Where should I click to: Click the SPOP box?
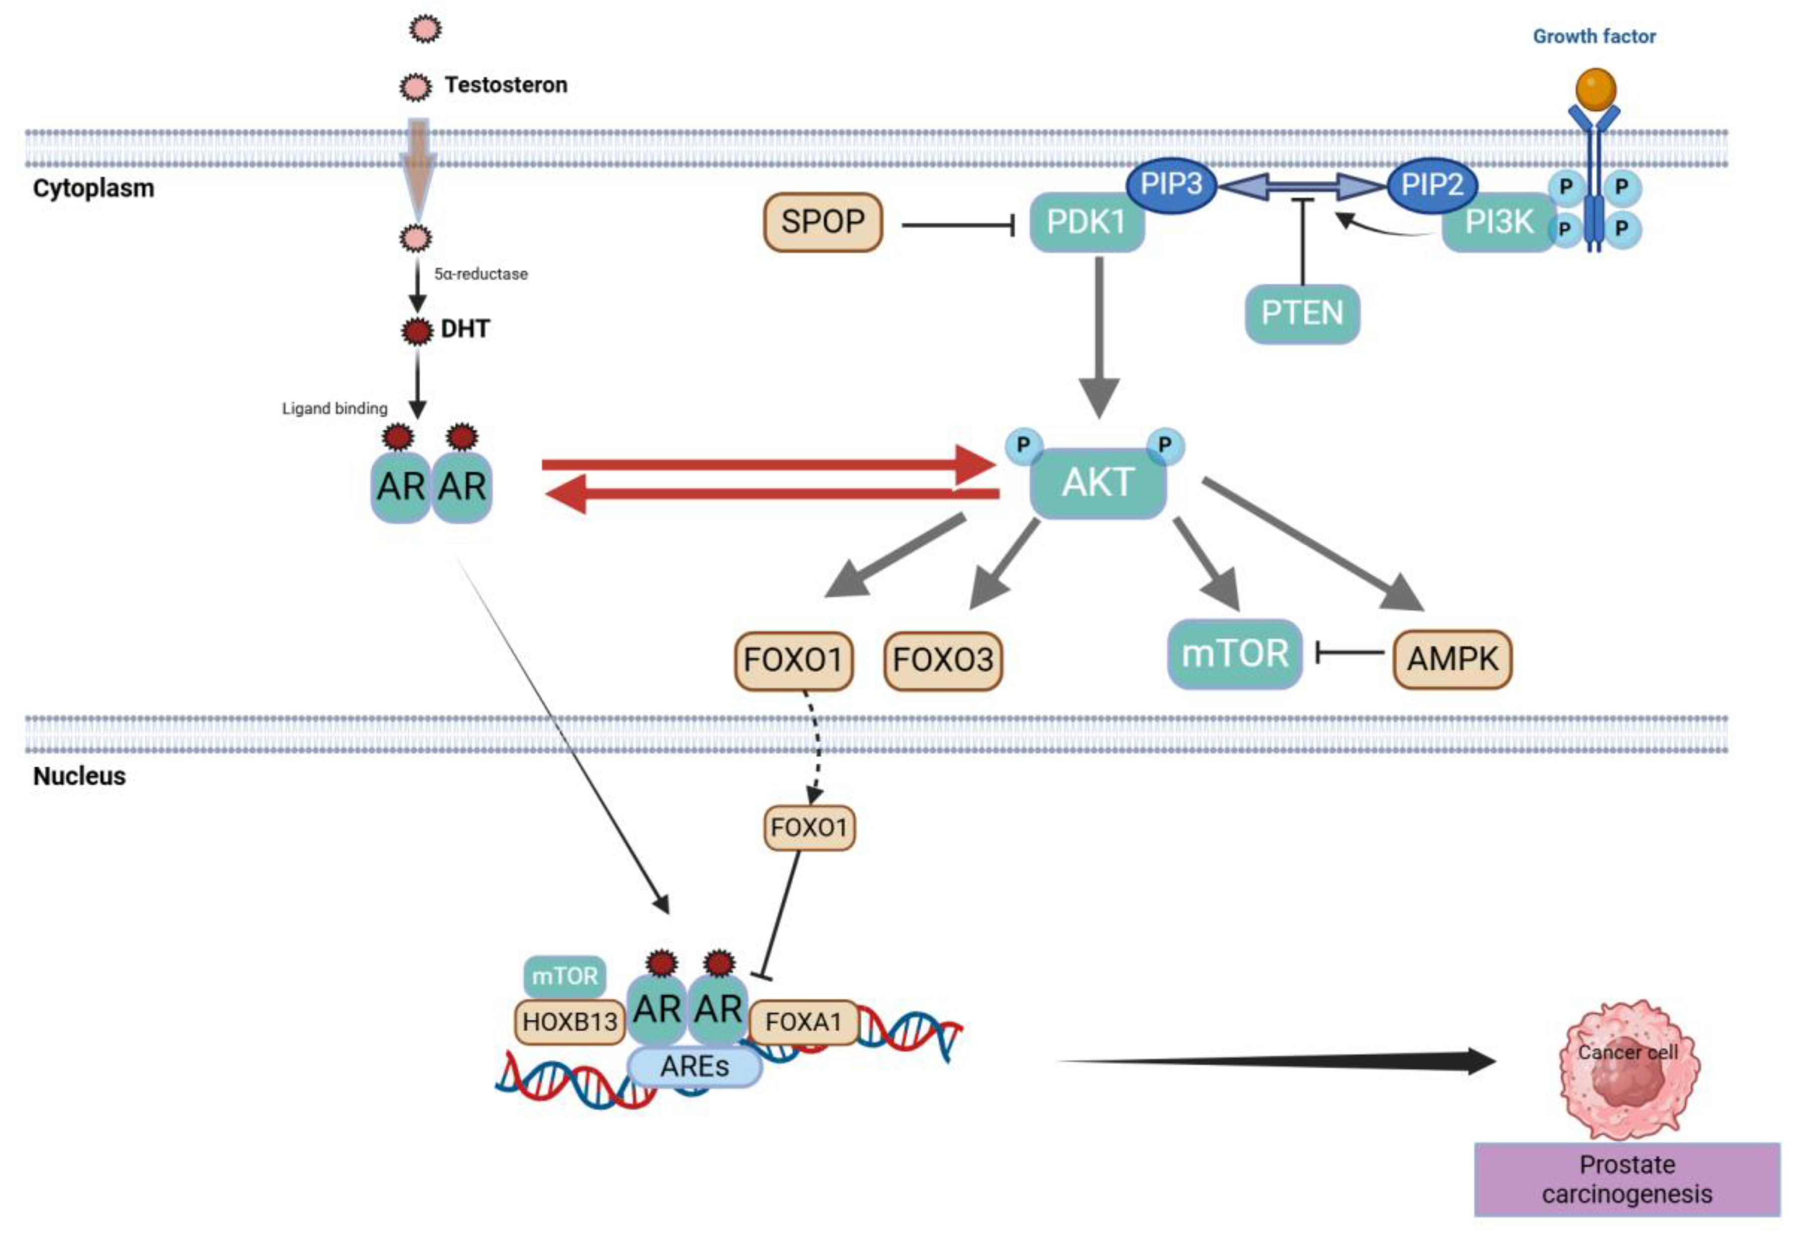pos(823,222)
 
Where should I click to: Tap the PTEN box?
pos(1302,313)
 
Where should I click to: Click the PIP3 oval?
pos(1171,185)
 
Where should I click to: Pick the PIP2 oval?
pos(1431,185)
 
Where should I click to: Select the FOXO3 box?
pos(942,660)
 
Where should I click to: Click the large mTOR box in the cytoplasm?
pos(1234,653)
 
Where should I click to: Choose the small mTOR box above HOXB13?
pos(564,976)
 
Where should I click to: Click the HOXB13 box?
pos(570,1022)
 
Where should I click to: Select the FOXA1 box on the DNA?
pos(803,1022)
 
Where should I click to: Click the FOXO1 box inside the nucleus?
pos(809,828)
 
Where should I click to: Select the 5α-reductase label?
pos(481,274)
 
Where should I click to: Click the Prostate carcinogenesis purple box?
pos(1627,1179)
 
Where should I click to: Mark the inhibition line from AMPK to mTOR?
pos(1350,653)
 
